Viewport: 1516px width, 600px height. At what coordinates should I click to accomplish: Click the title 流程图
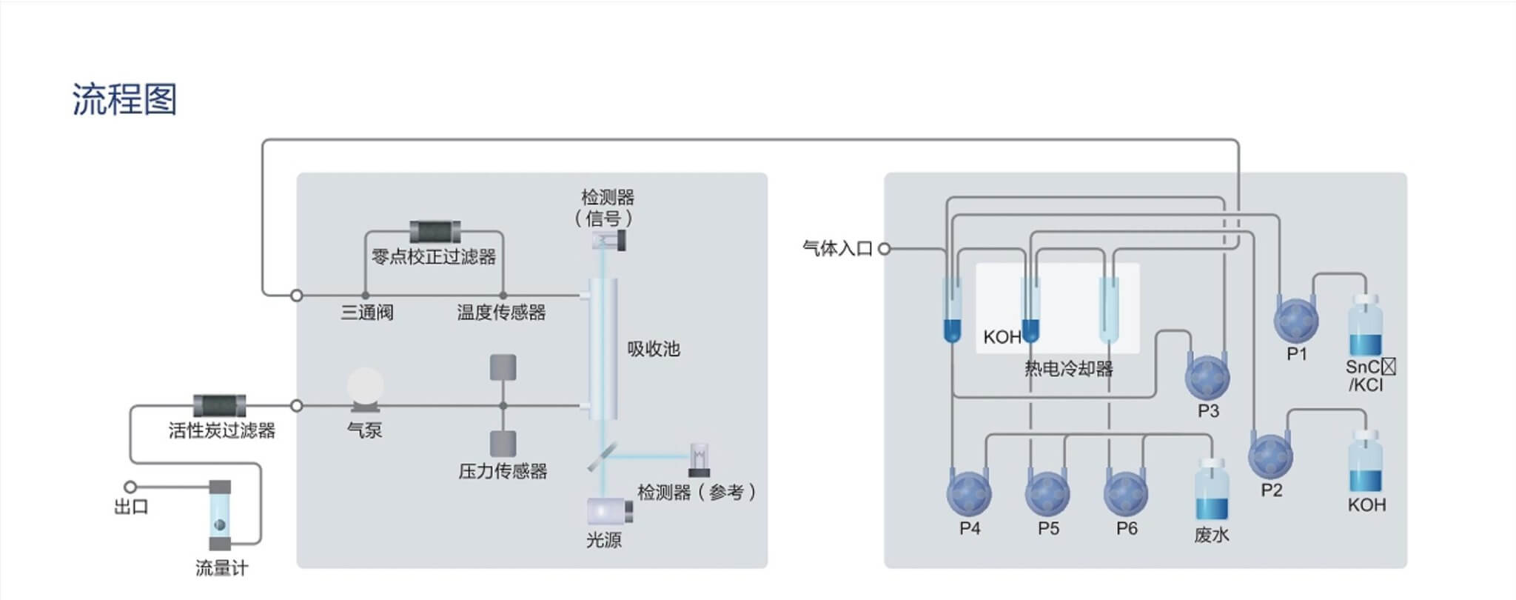124,99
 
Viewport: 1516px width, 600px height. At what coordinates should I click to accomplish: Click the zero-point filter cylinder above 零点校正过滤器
435,232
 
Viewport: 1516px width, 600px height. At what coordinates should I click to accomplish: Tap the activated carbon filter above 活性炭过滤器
219,406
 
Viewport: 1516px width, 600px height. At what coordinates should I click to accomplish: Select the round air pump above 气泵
366,388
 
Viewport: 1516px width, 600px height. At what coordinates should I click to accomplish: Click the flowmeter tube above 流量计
220,516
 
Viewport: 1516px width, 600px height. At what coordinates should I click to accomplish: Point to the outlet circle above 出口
130,487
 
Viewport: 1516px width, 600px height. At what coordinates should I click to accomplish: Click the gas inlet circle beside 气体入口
884,249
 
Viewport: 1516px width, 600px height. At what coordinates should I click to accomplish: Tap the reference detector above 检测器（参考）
699,459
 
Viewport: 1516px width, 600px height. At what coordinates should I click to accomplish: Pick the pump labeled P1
1295,321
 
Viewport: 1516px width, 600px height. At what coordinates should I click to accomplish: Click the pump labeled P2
1270,456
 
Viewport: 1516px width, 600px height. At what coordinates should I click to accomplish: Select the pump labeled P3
1207,377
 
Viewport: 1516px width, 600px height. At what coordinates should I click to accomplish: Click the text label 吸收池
654,349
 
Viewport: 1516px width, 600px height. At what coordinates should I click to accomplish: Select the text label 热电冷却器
1068,368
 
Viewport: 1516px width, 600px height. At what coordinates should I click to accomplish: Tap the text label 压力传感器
503,471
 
